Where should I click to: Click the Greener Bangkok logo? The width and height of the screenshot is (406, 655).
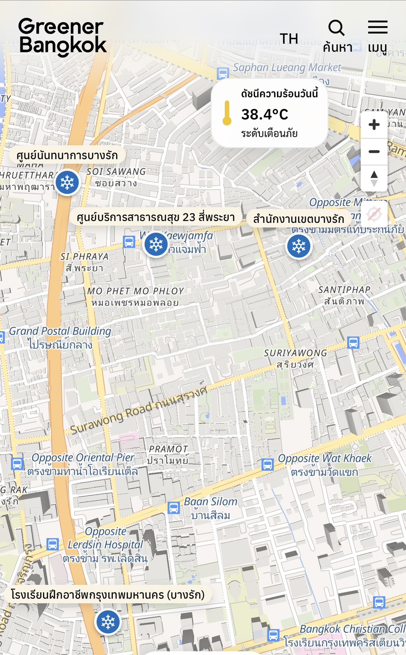pos(62,37)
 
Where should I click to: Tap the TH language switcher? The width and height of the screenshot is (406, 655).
pos(289,39)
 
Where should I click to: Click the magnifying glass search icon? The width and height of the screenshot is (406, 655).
pos(336,28)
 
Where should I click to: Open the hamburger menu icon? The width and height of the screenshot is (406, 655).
pos(377,27)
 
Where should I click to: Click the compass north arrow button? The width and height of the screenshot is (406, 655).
pos(374,177)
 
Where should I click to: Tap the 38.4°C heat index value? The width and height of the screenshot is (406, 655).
pos(265,114)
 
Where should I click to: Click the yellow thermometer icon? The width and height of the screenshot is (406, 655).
pos(227,113)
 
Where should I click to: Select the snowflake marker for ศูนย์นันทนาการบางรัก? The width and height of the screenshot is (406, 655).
pos(67,183)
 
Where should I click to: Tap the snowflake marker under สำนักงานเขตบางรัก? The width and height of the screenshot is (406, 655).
pos(299,246)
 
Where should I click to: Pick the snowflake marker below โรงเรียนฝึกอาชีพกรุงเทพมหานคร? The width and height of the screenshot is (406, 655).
pos(108,622)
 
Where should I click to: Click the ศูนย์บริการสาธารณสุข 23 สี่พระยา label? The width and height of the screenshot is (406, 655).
pos(155,218)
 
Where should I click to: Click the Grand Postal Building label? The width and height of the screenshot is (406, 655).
pos(60,331)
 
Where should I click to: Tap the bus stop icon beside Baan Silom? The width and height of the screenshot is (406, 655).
pos(174,507)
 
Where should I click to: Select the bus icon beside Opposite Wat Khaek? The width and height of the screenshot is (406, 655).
pos(267,464)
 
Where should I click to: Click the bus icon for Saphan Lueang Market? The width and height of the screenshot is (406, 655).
pos(223,73)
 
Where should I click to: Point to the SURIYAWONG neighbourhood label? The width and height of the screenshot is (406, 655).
pos(295,353)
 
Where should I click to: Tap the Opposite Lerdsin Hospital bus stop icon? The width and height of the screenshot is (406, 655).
pos(52,544)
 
